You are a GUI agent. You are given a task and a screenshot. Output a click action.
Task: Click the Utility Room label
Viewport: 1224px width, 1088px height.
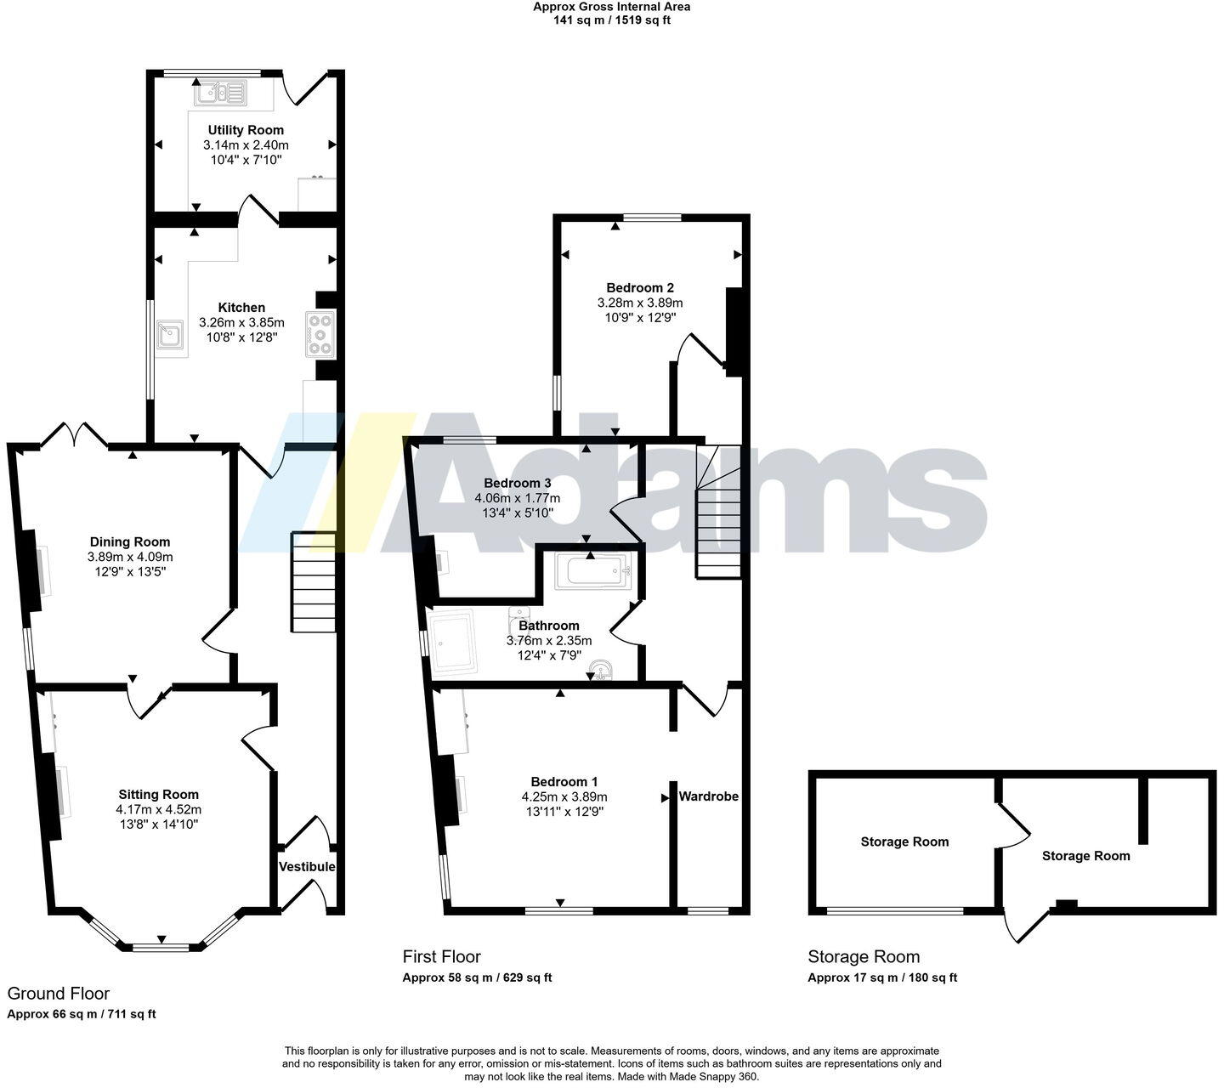246,130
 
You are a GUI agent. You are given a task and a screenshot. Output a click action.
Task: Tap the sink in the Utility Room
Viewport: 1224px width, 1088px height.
220,93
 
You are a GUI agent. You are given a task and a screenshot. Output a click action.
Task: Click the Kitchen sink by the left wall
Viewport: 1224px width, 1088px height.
171,337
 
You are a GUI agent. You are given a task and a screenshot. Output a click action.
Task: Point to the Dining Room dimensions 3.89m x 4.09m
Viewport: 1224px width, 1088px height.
130,557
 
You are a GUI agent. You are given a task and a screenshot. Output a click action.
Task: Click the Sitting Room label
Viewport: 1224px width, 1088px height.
159,795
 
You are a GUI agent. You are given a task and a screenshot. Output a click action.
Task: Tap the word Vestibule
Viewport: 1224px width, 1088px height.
307,867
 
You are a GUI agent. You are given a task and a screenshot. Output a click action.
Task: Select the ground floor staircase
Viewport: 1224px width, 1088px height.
314,582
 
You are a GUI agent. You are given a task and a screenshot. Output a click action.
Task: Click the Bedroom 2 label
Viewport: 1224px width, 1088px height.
640,287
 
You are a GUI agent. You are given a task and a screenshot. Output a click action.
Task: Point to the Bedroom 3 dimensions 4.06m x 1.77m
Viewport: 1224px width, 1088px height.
518,498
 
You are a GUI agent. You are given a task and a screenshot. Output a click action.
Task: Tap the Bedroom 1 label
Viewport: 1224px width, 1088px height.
564,781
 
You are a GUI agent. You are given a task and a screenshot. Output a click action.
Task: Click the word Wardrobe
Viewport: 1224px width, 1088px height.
708,796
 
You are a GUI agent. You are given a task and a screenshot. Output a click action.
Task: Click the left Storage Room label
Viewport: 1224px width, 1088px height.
904,841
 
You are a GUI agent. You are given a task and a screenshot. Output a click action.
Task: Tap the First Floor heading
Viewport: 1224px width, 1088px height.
441,957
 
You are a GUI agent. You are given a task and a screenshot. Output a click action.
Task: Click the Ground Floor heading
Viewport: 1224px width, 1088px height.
59,994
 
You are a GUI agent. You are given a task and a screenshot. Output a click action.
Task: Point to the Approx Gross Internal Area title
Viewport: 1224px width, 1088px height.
611,7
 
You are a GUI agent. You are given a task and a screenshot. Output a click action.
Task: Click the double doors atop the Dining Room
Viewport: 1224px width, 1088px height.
74,435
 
